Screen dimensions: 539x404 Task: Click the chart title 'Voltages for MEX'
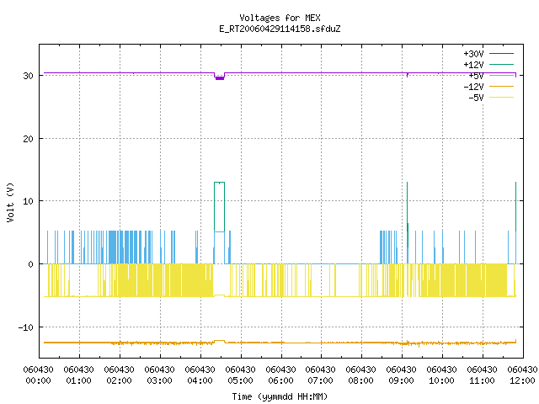tap(280, 18)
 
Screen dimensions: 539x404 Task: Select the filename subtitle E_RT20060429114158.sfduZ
tap(280, 29)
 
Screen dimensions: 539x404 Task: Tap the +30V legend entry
tap(488, 54)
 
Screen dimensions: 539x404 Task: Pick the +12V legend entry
tap(488, 65)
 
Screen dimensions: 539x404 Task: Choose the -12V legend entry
tap(488, 87)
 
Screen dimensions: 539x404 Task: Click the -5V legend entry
tap(491, 98)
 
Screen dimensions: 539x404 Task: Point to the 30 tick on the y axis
tap(28, 76)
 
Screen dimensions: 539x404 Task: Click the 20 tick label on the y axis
tap(28, 139)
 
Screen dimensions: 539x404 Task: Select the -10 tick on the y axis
tap(26, 327)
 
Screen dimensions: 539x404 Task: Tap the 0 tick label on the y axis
tap(31, 264)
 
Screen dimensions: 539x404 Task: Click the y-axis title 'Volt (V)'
tap(10, 202)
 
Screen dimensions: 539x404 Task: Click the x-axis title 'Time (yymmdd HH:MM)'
tap(280, 396)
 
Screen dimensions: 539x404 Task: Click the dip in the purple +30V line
tap(219, 77)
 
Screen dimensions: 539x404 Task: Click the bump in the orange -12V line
tap(219, 341)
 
